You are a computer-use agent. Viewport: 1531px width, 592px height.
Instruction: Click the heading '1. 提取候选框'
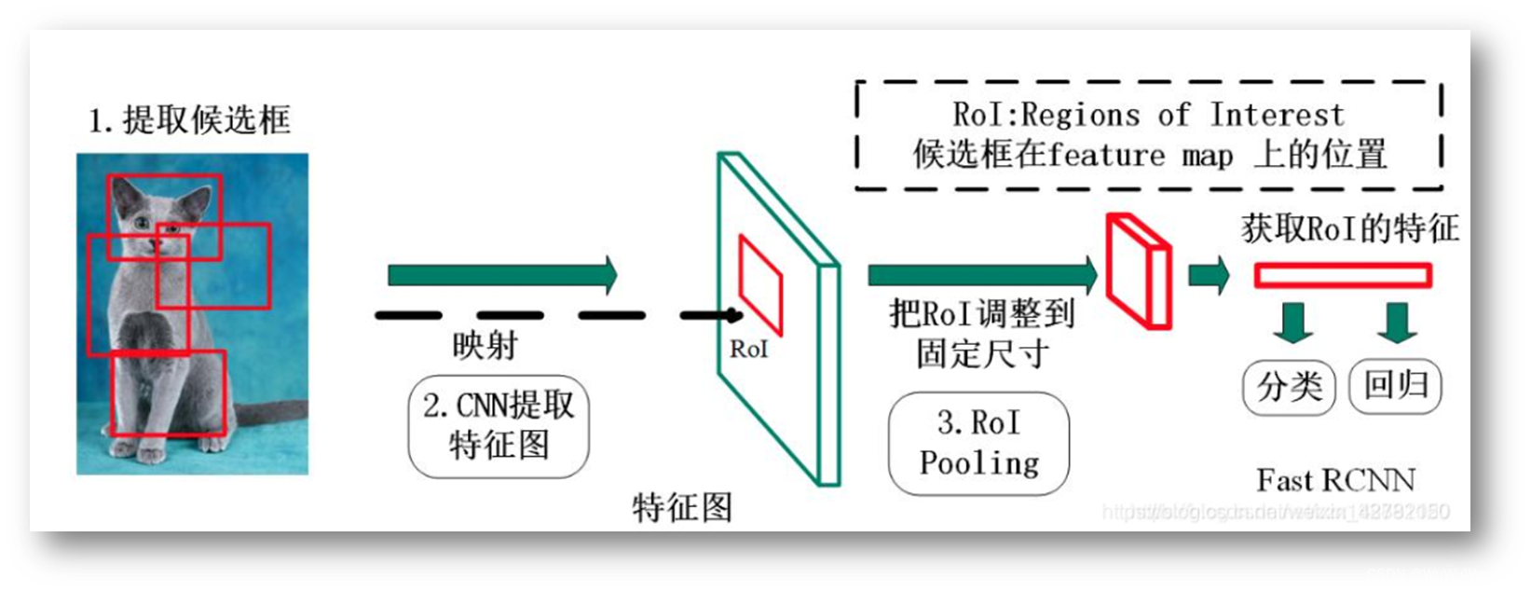(x=189, y=120)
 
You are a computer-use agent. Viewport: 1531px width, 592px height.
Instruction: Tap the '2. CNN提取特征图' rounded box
(x=499, y=426)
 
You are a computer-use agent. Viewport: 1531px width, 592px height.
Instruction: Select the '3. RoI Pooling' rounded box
(x=978, y=443)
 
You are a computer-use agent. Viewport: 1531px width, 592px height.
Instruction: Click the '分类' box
(x=1289, y=386)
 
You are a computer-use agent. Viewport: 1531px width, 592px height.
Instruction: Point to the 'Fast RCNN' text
(x=1334, y=480)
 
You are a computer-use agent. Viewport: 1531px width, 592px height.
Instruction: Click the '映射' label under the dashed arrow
(x=485, y=346)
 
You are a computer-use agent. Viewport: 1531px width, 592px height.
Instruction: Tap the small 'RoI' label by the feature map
(x=748, y=350)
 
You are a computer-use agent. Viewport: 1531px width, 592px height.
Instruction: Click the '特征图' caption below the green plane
(x=682, y=507)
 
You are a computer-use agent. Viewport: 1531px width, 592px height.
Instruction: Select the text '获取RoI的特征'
(x=1349, y=229)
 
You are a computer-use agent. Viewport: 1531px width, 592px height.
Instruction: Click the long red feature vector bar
(x=1342, y=275)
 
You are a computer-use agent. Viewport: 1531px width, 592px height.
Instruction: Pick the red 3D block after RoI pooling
(x=1138, y=271)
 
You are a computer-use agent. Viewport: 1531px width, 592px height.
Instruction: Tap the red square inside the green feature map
(x=760, y=283)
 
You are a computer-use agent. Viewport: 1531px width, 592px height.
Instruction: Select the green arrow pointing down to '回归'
(x=1397, y=322)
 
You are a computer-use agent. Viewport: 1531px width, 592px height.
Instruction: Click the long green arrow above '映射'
(x=502, y=275)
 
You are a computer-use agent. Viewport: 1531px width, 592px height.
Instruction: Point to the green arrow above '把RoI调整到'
(x=982, y=275)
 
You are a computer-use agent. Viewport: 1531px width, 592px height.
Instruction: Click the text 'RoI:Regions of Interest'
(x=1148, y=115)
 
